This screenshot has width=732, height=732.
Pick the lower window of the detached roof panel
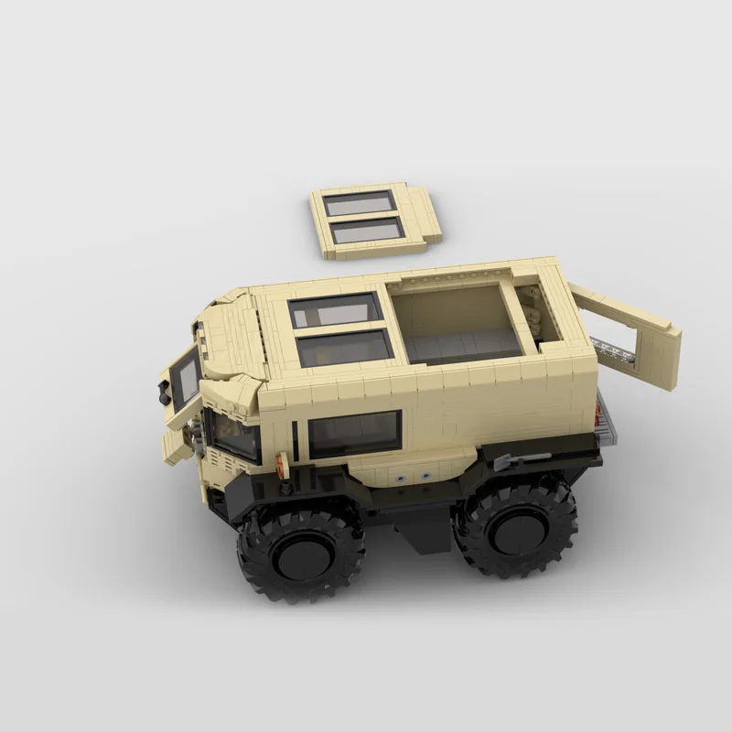(368, 231)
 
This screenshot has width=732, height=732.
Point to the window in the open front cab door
(186, 377)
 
